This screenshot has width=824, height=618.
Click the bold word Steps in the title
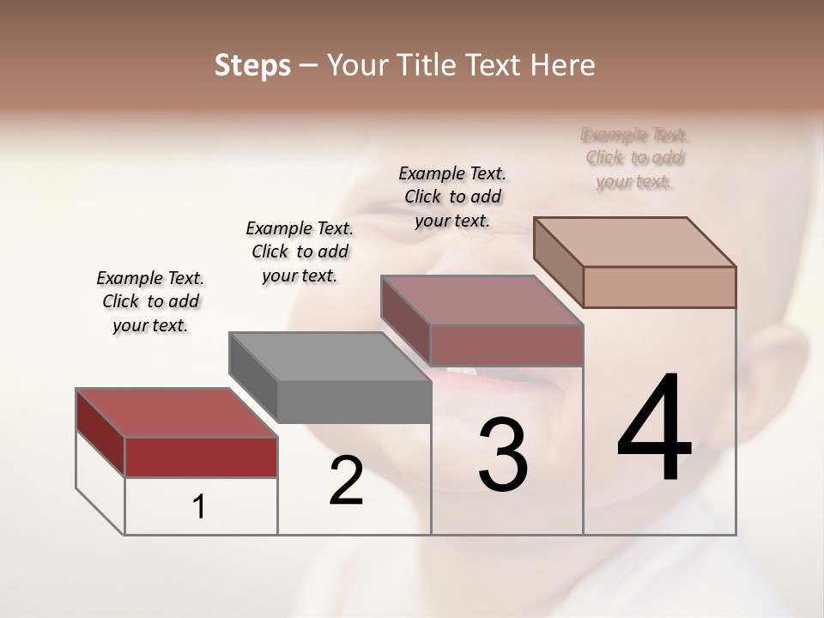coord(252,65)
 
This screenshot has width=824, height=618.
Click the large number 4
coord(654,428)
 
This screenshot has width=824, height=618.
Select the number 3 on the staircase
coord(503,455)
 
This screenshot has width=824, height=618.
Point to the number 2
coord(346,481)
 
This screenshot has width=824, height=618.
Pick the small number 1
coord(199,507)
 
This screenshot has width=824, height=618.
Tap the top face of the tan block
coord(634,241)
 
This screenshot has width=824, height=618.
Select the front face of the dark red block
coord(201,457)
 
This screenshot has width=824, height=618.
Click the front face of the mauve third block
coord(506,345)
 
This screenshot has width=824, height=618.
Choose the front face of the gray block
coord(354,402)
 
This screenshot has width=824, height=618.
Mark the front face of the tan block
coord(659,287)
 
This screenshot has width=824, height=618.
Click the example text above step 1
coord(150,301)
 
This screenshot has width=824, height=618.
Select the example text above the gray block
coord(300,251)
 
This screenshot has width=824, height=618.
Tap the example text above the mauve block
coord(452,197)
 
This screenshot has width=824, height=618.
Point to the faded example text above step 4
coord(634,158)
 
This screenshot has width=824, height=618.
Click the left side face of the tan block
coord(558,262)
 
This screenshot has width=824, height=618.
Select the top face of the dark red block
coord(176,413)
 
